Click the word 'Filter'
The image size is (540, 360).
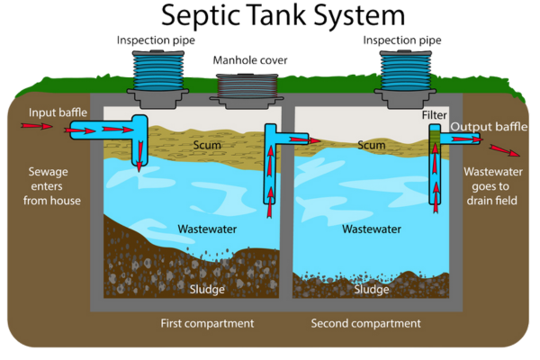pyautogui.click(x=435, y=116)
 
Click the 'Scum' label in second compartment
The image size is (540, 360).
pyautogui.click(x=371, y=144)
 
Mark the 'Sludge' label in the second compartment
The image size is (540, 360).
pyautogui.click(x=371, y=290)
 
